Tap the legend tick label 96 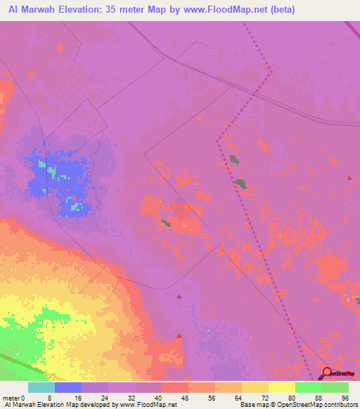[344, 397]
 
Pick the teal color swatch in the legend [41, 387]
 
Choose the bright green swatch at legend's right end [335, 387]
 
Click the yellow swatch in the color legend [282, 387]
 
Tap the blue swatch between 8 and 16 [67, 387]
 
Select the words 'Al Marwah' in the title [30, 9]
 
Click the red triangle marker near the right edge [349, 178]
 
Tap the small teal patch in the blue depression [41, 164]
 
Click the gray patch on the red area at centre [165, 223]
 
